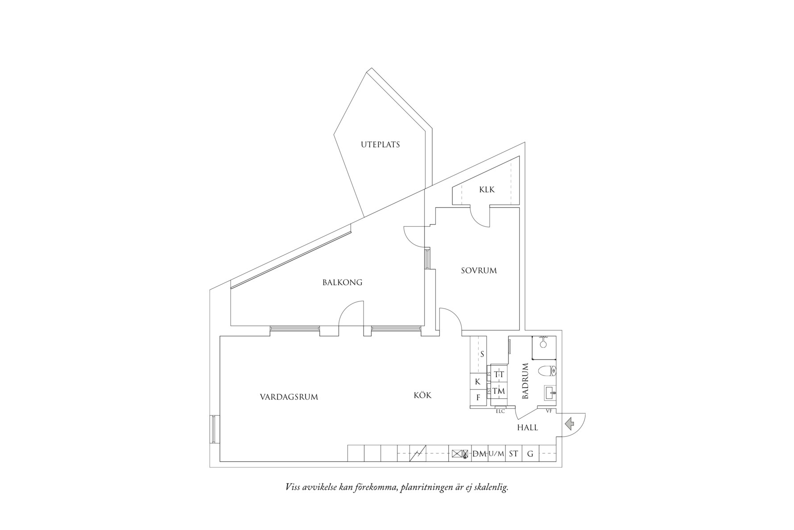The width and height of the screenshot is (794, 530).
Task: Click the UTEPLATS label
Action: click(x=380, y=145)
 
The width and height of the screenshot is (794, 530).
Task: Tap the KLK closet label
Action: click(x=487, y=190)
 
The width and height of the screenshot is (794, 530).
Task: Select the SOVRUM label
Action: click(x=479, y=271)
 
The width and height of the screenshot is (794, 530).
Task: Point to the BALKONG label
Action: click(x=342, y=283)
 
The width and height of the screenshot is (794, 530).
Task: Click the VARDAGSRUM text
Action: click(x=289, y=397)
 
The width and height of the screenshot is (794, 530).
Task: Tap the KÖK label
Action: click(x=422, y=396)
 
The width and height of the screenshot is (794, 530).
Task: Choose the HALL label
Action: click(x=527, y=428)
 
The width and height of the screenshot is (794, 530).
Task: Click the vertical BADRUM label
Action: click(x=525, y=381)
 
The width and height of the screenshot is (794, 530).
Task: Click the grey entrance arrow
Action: click(x=569, y=422)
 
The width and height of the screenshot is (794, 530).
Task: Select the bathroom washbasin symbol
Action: click(x=550, y=393)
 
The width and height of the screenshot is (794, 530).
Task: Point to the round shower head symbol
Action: click(x=543, y=344)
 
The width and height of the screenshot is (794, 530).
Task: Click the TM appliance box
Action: click(x=499, y=391)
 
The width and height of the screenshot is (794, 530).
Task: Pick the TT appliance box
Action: click(x=499, y=375)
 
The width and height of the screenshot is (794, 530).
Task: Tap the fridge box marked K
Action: click(x=477, y=382)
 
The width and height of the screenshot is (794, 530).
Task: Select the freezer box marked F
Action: click(x=478, y=397)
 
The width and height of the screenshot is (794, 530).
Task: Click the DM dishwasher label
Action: click(x=479, y=454)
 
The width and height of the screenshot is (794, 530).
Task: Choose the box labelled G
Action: click(x=530, y=454)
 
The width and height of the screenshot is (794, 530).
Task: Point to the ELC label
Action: click(x=500, y=411)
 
